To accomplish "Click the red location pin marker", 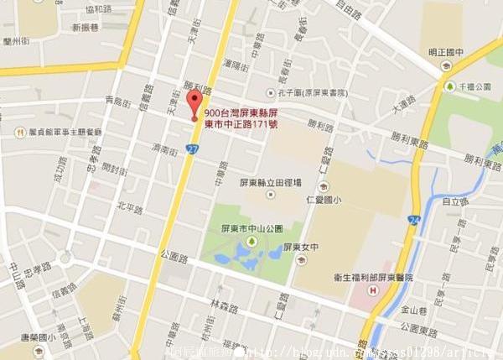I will (x=195, y=106).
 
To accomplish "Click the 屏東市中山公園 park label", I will (x=256, y=228).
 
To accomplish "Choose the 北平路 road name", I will (x=130, y=206).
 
